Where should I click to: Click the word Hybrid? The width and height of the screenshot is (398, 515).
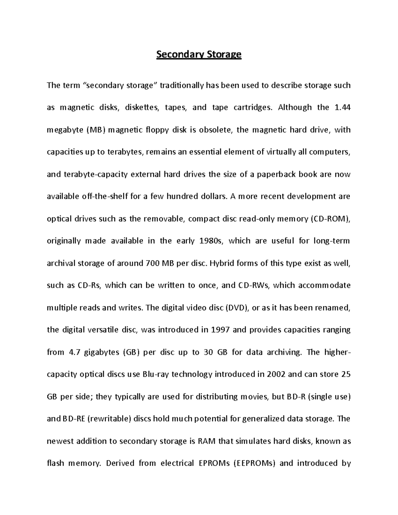click(x=222, y=263)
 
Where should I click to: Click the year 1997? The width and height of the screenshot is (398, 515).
click(x=219, y=330)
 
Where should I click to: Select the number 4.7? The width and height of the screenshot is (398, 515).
click(x=74, y=352)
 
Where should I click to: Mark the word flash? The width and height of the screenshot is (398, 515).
click(x=55, y=463)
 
